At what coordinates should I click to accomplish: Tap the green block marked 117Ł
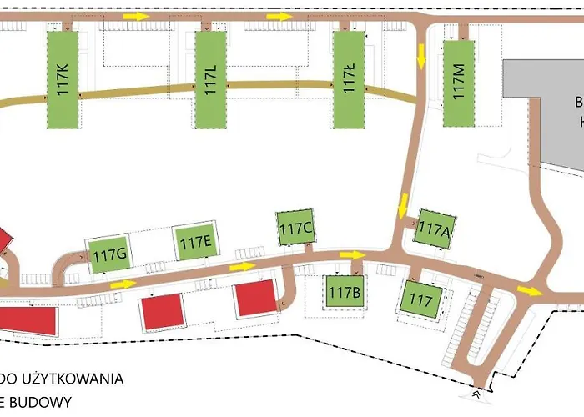[350, 80]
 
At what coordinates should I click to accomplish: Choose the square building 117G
[109, 253]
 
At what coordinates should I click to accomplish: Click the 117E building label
[195, 243]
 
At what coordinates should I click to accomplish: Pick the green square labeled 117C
[295, 228]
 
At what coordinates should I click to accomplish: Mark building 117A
[434, 227]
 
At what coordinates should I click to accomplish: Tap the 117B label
[344, 293]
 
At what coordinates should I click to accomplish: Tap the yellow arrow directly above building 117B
[352, 255]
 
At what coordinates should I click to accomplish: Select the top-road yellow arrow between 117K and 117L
[133, 16]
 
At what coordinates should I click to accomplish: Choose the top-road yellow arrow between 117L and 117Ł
[280, 16]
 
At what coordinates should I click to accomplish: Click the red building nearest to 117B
[254, 299]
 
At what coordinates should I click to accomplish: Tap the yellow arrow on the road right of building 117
[527, 290]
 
